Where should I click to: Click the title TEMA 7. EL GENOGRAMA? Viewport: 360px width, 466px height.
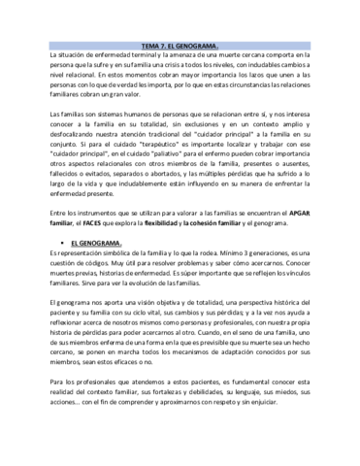tap(180, 46)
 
